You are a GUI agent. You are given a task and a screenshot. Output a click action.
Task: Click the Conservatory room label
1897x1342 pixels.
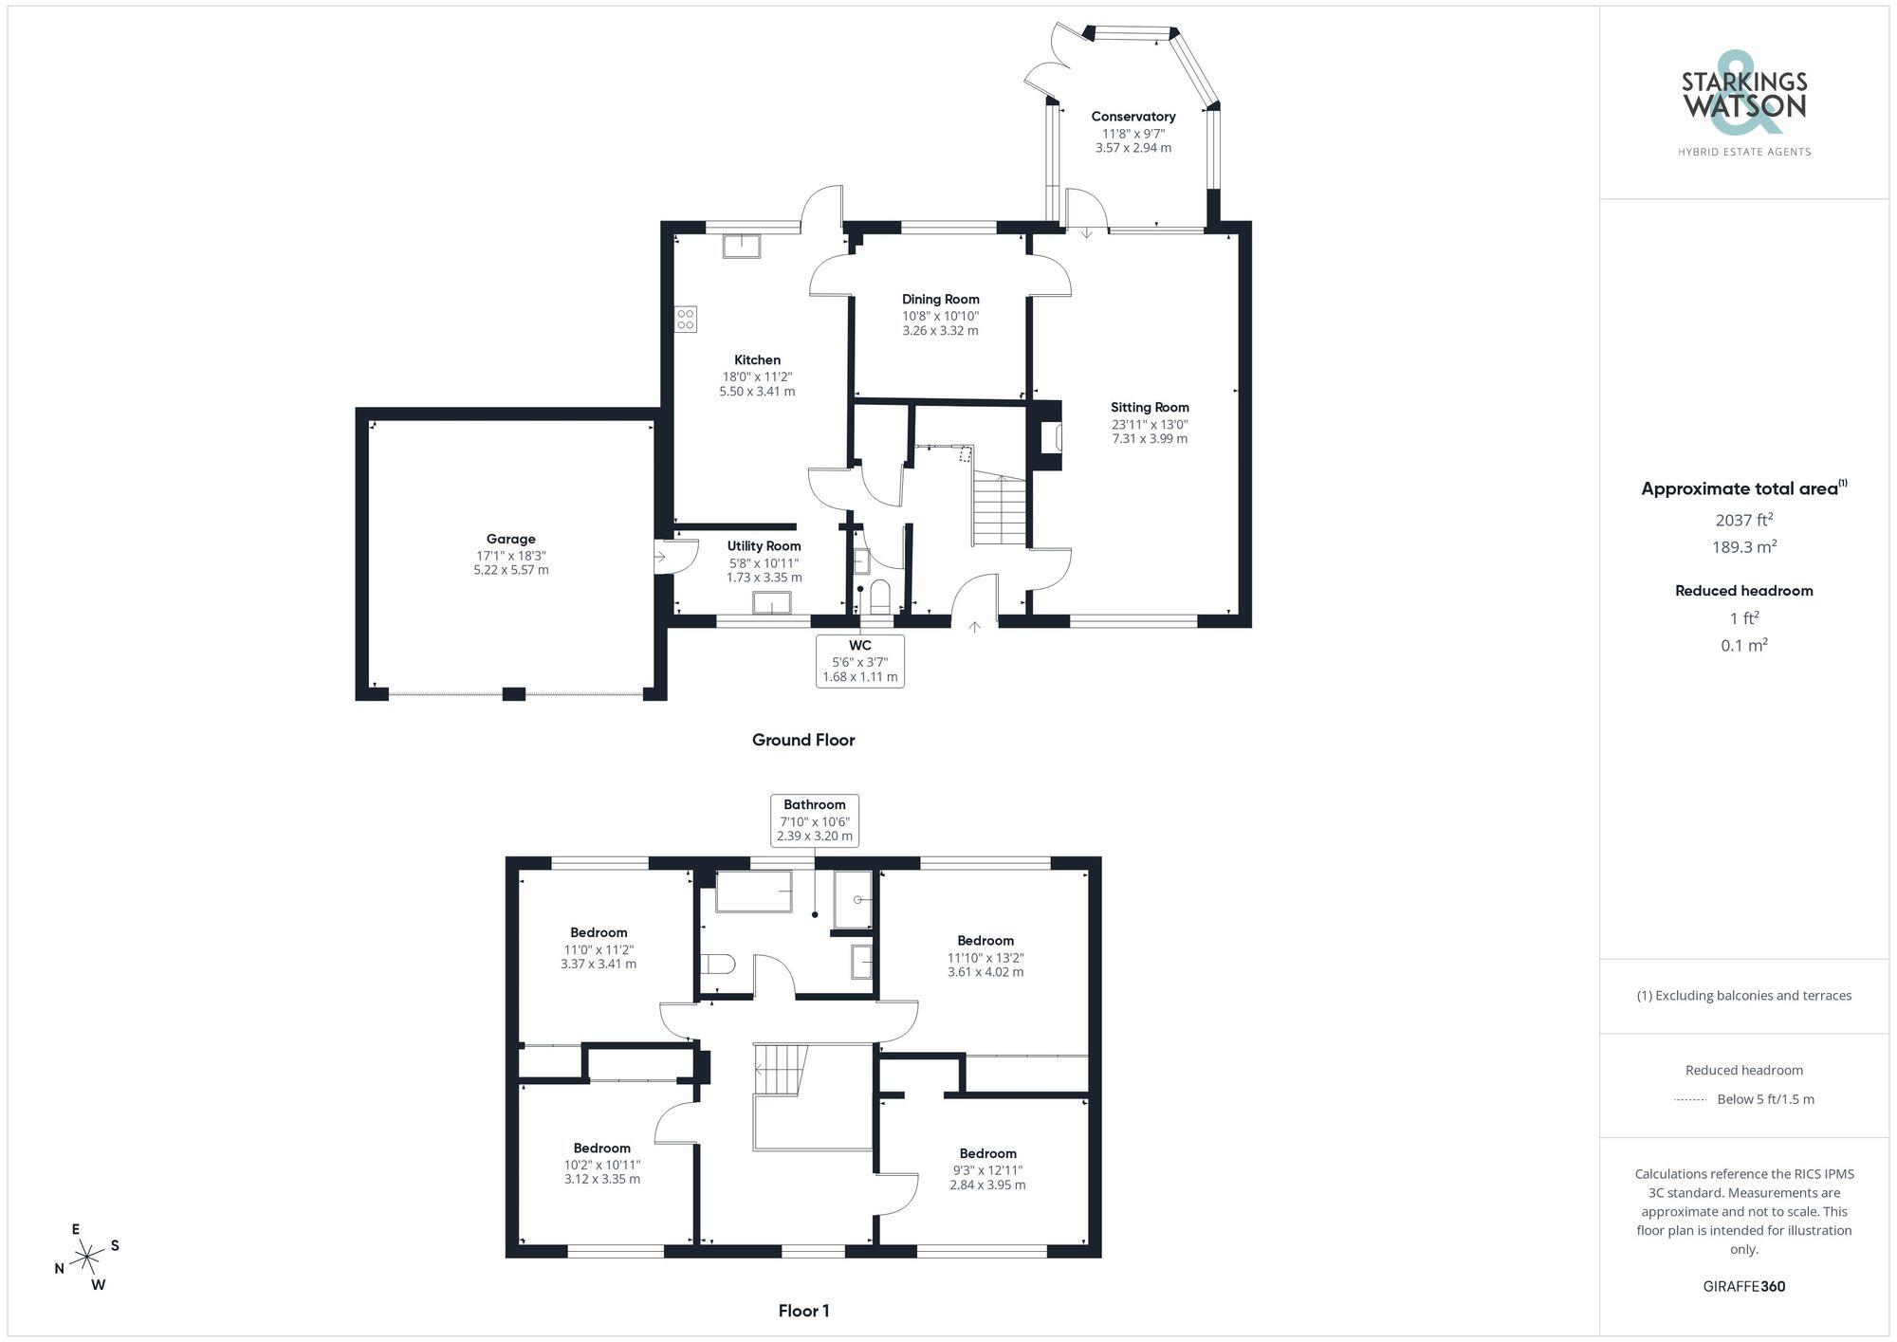coord(1133,117)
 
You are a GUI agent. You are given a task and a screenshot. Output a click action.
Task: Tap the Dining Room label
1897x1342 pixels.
coord(940,300)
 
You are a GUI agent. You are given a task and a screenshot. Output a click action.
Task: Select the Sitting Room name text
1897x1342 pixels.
coord(1150,408)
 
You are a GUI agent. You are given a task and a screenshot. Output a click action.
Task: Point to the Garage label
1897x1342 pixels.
coord(511,540)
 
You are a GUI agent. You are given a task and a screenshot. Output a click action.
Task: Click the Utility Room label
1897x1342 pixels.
coord(764,546)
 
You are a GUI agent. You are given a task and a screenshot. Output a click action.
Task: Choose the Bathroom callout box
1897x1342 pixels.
coord(815,820)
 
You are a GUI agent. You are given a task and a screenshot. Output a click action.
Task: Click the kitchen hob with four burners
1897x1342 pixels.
coord(685,320)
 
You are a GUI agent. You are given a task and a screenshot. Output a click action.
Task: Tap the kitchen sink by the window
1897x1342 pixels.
coord(741,247)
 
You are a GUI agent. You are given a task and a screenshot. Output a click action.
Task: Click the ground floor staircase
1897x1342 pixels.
coord(999,510)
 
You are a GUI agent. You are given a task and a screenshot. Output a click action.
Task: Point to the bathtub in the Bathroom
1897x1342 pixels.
coord(753,892)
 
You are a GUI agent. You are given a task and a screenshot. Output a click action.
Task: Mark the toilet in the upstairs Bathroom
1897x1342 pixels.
coord(718,965)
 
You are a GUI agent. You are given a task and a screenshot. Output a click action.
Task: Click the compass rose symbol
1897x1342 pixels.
coord(87,1258)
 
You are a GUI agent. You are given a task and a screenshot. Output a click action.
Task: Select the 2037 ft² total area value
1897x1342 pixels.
coord(1743,520)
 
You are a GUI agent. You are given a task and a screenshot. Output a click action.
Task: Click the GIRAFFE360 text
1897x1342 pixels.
coord(1743,1287)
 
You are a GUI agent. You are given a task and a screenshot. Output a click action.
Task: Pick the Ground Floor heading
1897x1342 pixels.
coord(803,741)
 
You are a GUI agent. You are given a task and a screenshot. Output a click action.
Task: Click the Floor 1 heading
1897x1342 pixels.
coord(803,1312)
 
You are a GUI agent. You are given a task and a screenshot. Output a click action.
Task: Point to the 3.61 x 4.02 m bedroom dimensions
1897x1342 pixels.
coord(985,972)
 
